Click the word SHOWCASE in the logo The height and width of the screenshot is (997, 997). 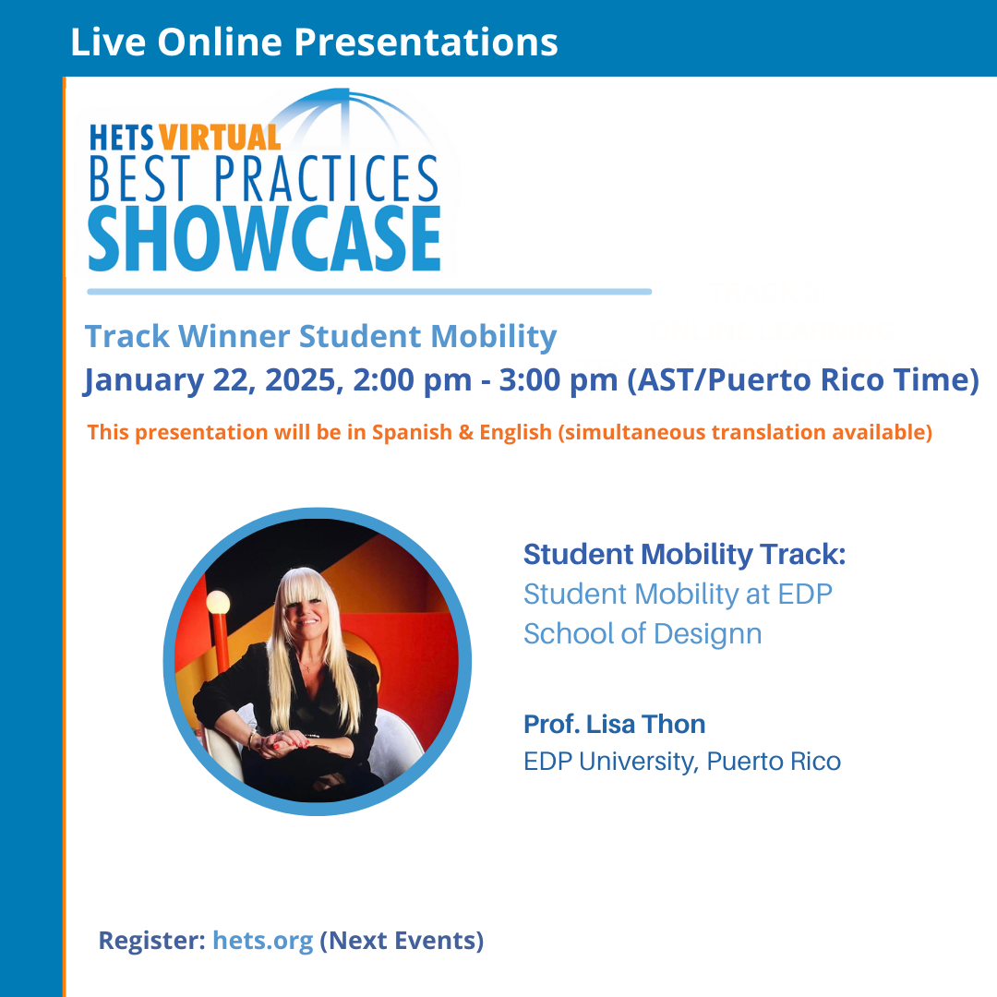coord(264,238)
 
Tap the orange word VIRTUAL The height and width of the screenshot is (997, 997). coord(220,138)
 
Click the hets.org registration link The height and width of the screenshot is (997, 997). coord(262,941)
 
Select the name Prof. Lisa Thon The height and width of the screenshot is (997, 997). coord(614,725)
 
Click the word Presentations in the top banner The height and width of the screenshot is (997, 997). coord(426,42)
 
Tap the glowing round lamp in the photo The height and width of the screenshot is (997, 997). coord(218,602)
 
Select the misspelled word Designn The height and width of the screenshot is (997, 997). coord(708,634)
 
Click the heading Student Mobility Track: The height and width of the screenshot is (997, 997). coord(685,555)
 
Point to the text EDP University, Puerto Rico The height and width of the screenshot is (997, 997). coord(682,762)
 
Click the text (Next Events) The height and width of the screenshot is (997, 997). coord(402,941)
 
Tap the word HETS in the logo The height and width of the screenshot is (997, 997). coord(122,138)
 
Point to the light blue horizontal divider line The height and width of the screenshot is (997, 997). coord(369,292)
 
